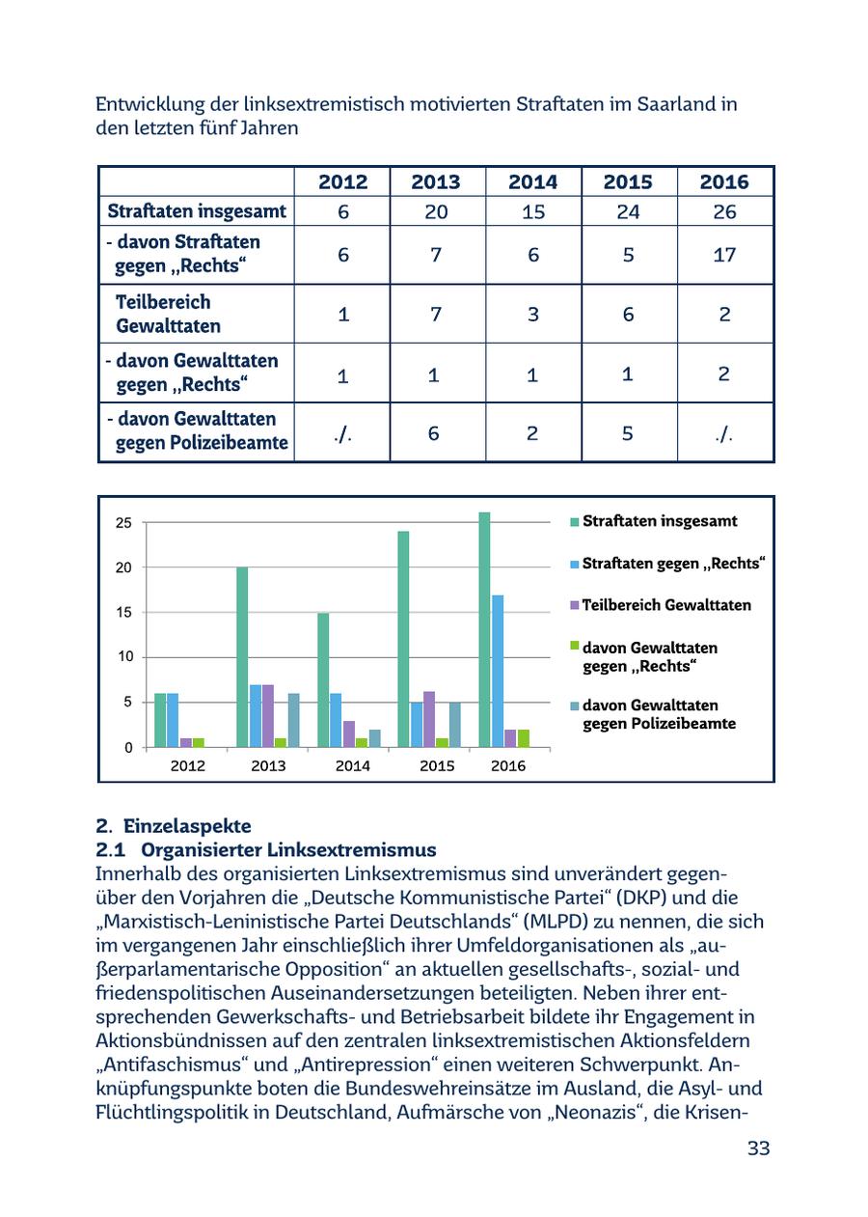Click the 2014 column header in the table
[532, 181]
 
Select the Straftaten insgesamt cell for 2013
[435, 212]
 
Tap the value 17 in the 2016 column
[724, 255]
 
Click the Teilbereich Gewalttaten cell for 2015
[628, 315]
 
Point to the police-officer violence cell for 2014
[532, 433]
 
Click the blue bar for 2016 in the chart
[498, 671]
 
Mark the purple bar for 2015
[429, 719]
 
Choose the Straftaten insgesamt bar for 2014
[323, 679]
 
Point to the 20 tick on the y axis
[124, 567]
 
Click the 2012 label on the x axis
[187, 766]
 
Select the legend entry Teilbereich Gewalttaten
[665, 605]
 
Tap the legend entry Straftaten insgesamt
[659, 521]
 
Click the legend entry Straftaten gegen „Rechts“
[672, 563]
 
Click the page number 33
[758, 1148]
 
